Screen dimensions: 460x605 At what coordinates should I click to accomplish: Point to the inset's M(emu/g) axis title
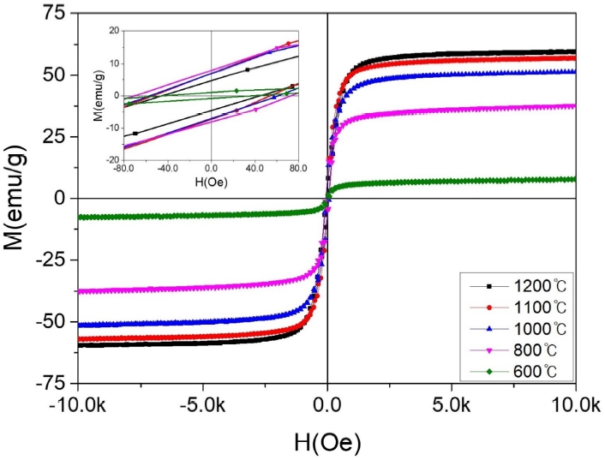point(100,96)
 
